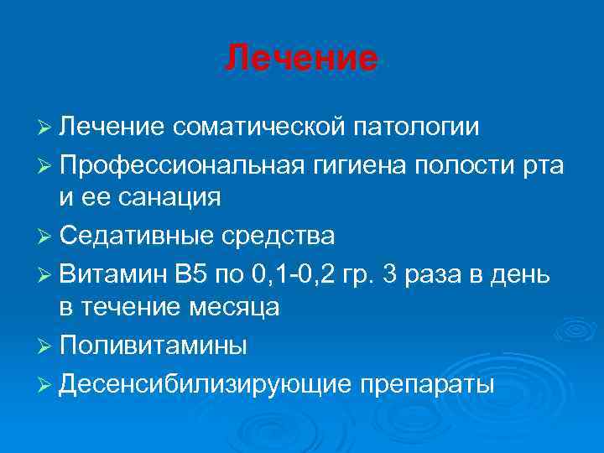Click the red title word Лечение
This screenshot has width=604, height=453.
pos(302,58)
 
